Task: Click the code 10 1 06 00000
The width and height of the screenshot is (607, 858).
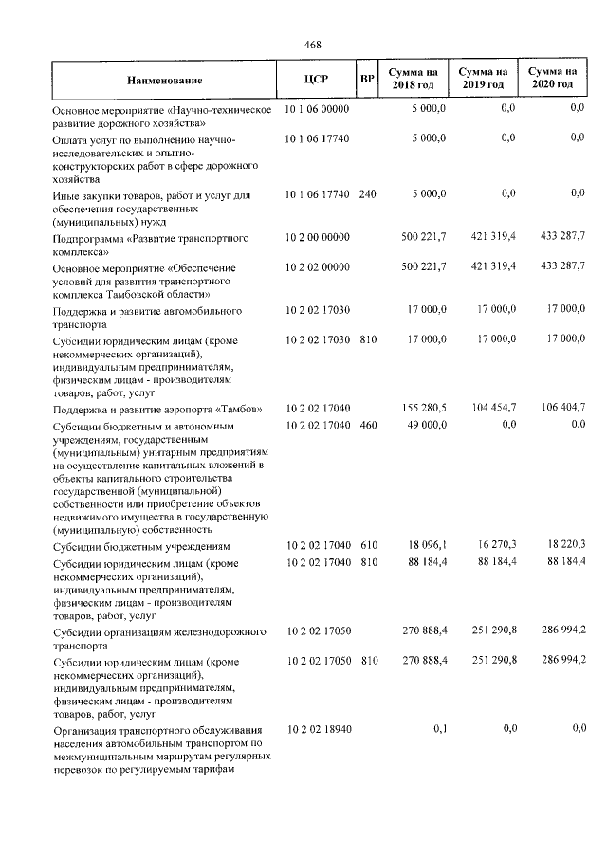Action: point(317,110)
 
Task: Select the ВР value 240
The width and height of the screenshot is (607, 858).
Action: point(368,194)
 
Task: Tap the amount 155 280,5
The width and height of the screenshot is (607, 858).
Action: point(424,407)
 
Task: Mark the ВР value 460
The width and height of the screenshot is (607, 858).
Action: point(368,426)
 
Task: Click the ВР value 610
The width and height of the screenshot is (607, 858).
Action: point(368,546)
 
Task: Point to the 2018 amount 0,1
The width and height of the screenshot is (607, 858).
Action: point(439,728)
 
